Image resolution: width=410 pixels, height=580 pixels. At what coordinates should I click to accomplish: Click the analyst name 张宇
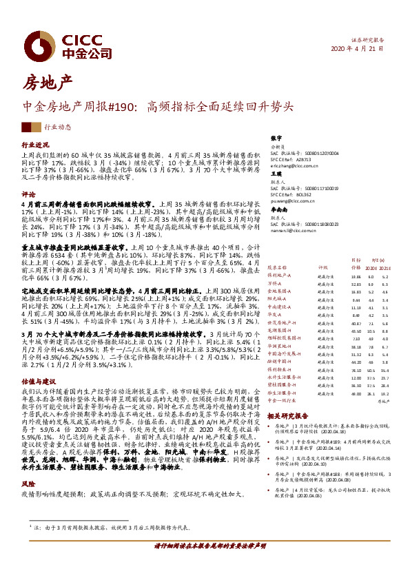[276, 138]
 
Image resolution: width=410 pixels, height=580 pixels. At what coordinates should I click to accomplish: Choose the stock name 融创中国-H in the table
[281, 342]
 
